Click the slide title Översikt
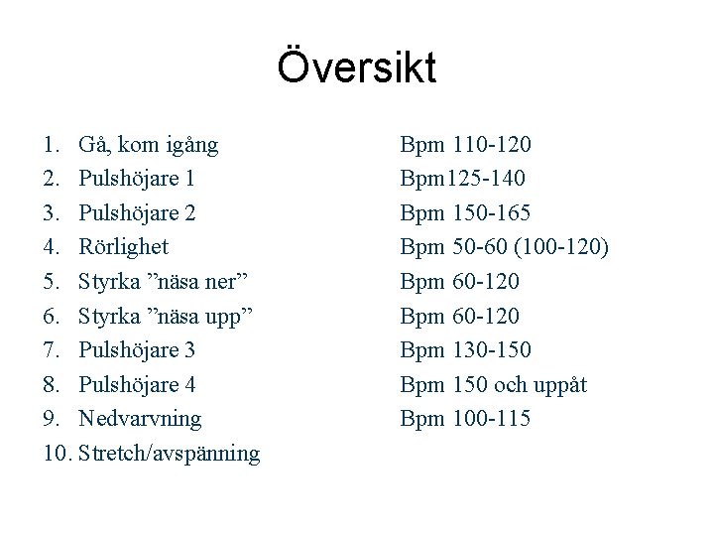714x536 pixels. (x=357, y=68)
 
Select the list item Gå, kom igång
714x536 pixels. (x=149, y=145)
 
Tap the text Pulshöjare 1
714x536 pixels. (x=137, y=179)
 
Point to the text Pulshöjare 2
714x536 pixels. (x=137, y=212)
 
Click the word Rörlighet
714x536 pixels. (x=123, y=247)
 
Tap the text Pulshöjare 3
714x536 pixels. (x=137, y=350)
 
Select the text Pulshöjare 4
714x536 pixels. (x=137, y=384)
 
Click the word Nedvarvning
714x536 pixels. (x=140, y=419)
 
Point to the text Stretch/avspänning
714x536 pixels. (x=169, y=454)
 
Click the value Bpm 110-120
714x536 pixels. (x=465, y=145)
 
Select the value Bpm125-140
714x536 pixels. (x=463, y=179)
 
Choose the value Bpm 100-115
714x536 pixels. (x=465, y=419)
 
